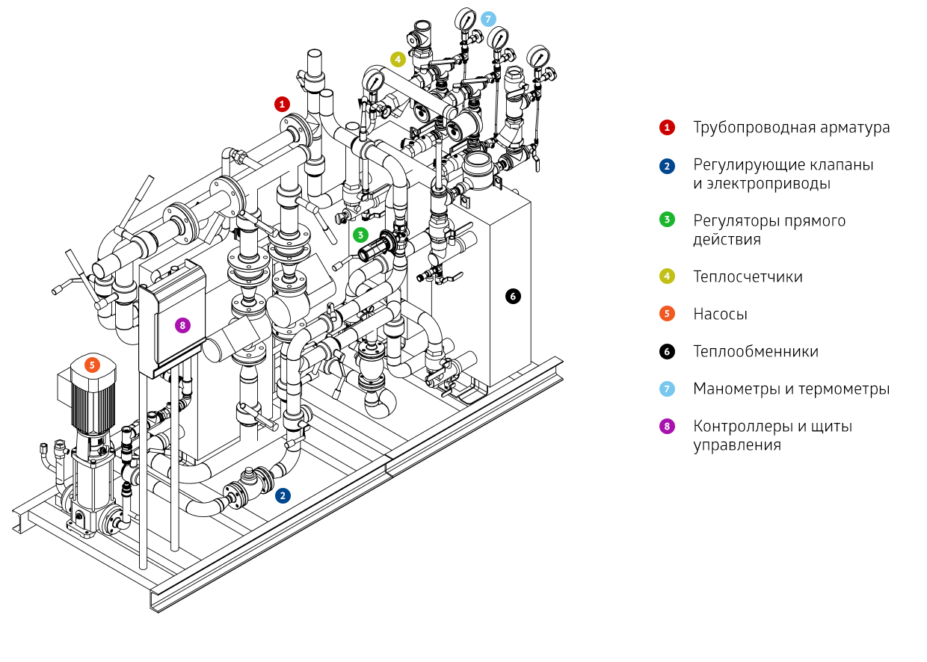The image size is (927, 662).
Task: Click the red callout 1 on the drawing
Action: tap(282, 104)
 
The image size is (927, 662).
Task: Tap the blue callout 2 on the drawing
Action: tap(283, 495)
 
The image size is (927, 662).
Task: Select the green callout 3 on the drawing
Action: tap(361, 235)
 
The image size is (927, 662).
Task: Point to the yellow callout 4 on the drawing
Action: tap(398, 58)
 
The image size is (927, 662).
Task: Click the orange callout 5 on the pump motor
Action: tap(92, 365)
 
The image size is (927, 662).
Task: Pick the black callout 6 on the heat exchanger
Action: tap(512, 296)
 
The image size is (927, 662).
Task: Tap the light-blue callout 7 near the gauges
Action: tap(488, 18)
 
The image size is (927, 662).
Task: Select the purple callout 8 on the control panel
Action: tap(181, 325)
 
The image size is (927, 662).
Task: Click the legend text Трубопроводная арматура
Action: tap(791, 128)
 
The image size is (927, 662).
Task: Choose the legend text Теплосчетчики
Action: tap(748, 277)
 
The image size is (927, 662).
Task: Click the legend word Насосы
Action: tap(720, 315)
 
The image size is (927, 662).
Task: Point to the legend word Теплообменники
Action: tap(755, 352)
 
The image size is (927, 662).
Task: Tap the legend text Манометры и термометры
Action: tap(791, 389)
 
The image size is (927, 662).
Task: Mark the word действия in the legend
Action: tap(727, 240)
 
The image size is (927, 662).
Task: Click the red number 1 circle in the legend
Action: tap(667, 128)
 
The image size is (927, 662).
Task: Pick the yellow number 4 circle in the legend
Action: tap(667, 276)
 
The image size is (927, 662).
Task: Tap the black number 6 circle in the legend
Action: tap(667, 351)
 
